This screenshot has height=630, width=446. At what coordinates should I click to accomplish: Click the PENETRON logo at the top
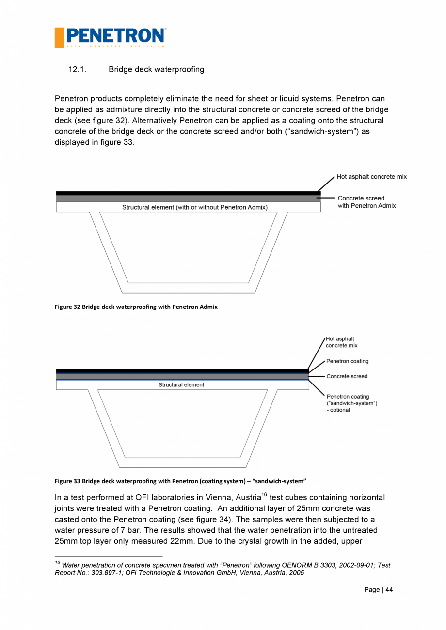111,37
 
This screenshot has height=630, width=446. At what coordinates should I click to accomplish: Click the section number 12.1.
77,70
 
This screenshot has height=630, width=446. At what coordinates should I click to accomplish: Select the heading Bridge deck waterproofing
156,70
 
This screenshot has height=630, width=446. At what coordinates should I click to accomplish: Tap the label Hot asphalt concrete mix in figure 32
371,177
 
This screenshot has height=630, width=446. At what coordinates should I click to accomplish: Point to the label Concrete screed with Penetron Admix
366,202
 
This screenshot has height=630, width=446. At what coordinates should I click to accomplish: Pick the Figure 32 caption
136,307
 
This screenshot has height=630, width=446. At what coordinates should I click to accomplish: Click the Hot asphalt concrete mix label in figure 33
341,342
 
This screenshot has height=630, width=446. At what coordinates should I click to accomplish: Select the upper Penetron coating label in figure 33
347,361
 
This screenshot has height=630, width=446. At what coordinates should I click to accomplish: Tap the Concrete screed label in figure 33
347,376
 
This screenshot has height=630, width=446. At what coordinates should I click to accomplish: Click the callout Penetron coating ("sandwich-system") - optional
351,403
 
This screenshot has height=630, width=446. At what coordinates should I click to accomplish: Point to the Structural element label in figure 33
181,385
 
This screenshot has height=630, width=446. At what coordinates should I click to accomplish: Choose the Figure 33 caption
180,481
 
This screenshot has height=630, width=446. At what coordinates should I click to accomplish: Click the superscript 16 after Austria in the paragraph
264,494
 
